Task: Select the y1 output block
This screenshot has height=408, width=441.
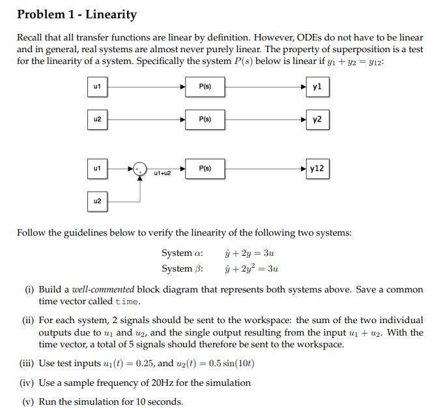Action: point(317,86)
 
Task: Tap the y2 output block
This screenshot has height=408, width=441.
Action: point(317,119)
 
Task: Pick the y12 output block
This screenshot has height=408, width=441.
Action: point(317,168)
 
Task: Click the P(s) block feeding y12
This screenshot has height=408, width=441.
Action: point(205,168)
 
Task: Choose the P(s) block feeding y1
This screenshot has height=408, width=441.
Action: point(205,86)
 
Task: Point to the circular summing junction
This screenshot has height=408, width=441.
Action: point(140,169)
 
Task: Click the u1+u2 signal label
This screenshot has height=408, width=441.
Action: point(162,173)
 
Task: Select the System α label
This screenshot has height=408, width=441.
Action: point(182,253)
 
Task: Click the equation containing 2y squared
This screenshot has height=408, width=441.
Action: point(251,268)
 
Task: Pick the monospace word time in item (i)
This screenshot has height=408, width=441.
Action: point(127,302)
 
